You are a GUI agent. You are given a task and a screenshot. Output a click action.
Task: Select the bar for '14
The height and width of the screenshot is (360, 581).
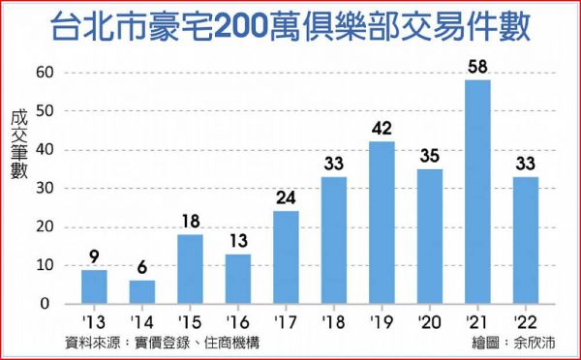tap(142, 292)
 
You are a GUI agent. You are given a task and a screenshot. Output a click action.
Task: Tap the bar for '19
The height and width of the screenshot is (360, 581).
tap(382, 223)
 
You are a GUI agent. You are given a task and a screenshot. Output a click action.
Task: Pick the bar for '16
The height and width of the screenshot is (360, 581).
tap(238, 279)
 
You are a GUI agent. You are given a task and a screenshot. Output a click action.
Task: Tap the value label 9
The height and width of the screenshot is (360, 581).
tap(94, 255)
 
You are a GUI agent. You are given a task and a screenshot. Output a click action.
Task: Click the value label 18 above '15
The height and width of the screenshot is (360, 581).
tap(190, 220)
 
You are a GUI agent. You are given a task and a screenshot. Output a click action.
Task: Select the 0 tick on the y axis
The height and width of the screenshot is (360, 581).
tap(51, 304)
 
